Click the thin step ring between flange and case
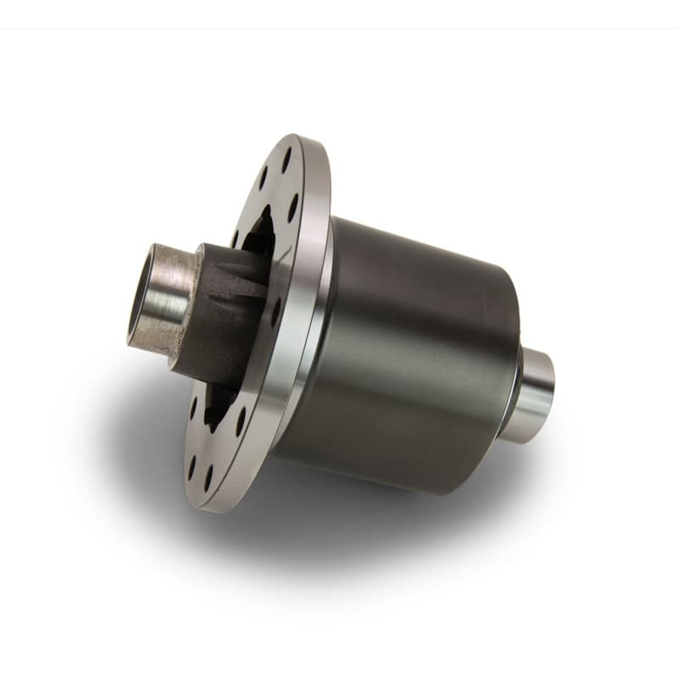325,322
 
